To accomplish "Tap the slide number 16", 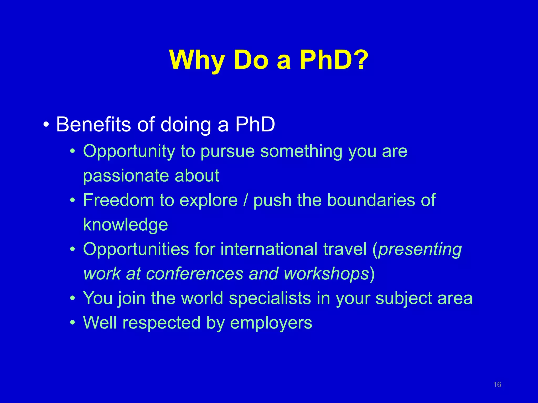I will coord(497,385).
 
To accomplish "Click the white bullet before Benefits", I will coord(46,125).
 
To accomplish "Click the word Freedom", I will coord(118,200).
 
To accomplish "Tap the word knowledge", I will coord(125,225).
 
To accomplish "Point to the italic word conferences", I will coord(194,274).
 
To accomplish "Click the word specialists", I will coord(270,298).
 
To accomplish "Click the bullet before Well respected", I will coord(73,322).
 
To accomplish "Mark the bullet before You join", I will coord(73,298).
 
